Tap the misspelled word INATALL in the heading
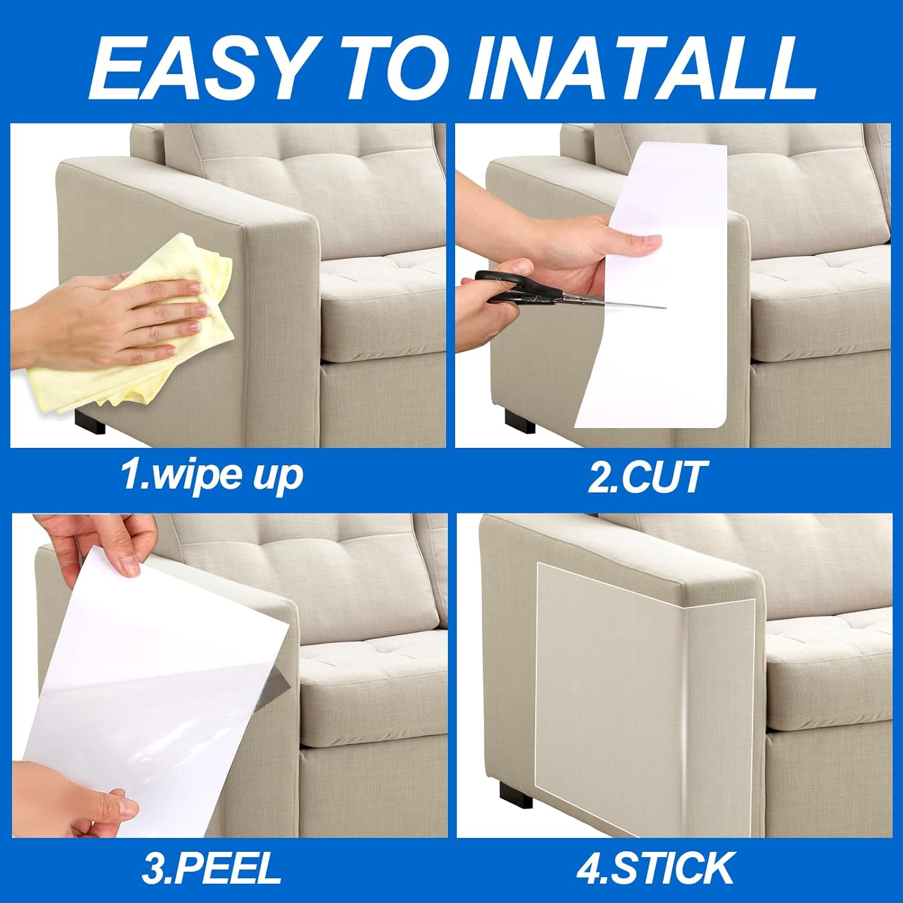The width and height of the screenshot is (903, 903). click(641, 67)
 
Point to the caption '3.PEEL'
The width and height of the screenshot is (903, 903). click(212, 867)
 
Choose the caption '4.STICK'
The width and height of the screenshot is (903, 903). click(655, 867)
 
